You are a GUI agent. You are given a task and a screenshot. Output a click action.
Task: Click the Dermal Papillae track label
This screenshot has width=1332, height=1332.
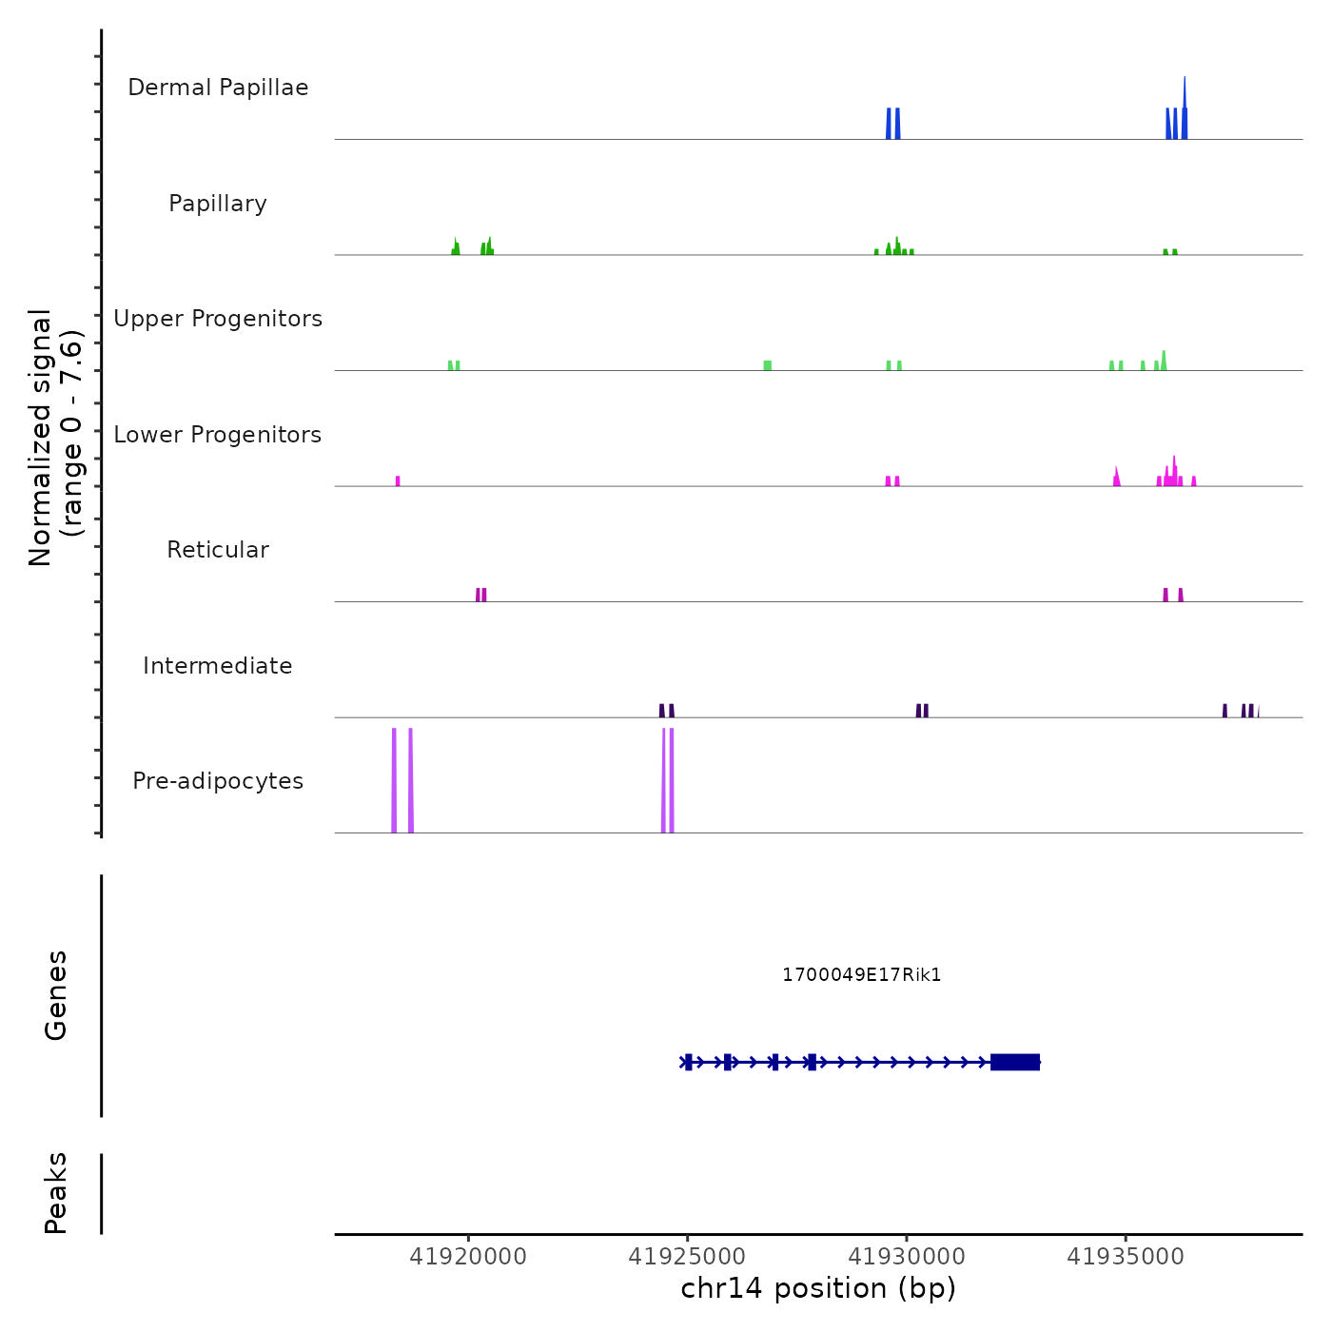[x=218, y=88]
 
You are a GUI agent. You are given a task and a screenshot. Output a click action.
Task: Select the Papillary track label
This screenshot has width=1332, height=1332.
[x=218, y=204]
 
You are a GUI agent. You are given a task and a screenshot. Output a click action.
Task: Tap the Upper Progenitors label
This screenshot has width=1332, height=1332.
[x=218, y=319]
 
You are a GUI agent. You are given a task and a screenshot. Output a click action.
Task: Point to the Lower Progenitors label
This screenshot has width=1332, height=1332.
[x=218, y=435]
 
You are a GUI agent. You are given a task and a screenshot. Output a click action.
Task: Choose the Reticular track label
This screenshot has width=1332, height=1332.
[x=218, y=550]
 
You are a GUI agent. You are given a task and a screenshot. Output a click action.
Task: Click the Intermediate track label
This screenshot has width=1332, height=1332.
[x=218, y=666]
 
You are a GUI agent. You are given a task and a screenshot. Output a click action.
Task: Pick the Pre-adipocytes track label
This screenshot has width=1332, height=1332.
[x=218, y=781]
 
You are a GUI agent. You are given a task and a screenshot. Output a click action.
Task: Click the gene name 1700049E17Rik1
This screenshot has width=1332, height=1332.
[x=861, y=975]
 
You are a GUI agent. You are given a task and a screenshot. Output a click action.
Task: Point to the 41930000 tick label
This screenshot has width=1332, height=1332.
[x=907, y=1257]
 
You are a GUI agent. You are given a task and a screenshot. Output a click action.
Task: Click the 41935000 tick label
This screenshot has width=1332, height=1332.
[x=1126, y=1257]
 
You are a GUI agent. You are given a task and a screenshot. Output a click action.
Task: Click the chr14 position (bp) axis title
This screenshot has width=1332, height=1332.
[x=818, y=1288]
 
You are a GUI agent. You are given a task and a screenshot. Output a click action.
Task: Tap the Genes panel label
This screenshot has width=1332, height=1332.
[x=56, y=995]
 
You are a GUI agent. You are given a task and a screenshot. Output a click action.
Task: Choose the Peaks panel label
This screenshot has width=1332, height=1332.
[x=56, y=1193]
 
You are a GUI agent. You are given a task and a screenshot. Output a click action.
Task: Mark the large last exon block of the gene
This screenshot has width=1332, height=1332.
[x=1015, y=1062]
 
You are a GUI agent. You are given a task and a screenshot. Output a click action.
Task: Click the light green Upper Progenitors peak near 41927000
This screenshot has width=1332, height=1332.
[x=768, y=365]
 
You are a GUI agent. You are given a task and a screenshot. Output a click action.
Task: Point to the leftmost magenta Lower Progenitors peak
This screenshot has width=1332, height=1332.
[x=398, y=481]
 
